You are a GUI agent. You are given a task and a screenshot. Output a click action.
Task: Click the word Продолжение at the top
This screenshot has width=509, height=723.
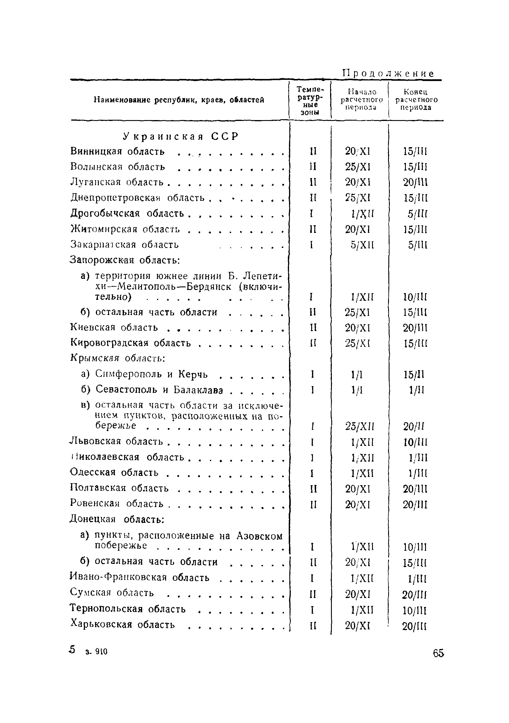coord(388,74)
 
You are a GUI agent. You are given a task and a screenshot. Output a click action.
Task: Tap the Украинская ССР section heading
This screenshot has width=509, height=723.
coord(181,136)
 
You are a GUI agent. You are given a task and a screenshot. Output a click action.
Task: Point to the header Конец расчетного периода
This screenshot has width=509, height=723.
coord(416,99)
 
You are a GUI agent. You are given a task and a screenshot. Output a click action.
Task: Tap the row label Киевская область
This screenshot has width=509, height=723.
coord(114,328)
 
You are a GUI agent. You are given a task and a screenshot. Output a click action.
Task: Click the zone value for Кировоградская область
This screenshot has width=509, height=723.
coord(312,343)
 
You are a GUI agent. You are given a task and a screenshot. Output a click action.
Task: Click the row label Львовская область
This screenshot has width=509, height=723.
coord(117,441)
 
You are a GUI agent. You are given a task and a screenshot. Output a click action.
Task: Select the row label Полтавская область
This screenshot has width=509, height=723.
coord(119,488)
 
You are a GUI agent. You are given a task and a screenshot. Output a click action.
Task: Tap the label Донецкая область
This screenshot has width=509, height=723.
coord(117,519)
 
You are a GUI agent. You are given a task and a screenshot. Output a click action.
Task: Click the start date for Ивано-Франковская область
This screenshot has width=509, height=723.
coord(362,578)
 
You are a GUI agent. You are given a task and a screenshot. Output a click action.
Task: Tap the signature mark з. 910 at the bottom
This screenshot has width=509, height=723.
coord(96,652)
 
